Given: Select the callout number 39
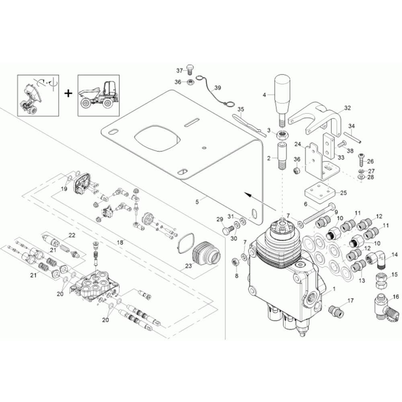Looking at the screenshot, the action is click(217, 88).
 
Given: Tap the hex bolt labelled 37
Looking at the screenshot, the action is click(190, 69).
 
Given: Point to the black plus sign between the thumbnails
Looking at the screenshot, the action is click(68, 93).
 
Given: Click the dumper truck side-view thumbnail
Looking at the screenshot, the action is click(98, 95).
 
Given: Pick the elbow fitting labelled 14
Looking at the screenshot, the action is click(376, 260).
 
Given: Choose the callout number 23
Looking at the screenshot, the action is click(189, 266).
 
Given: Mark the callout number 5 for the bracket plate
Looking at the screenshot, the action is click(197, 202).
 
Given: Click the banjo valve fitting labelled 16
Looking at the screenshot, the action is click(386, 307).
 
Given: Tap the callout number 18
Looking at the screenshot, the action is click(120, 242).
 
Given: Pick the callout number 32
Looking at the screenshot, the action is click(347, 108).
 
